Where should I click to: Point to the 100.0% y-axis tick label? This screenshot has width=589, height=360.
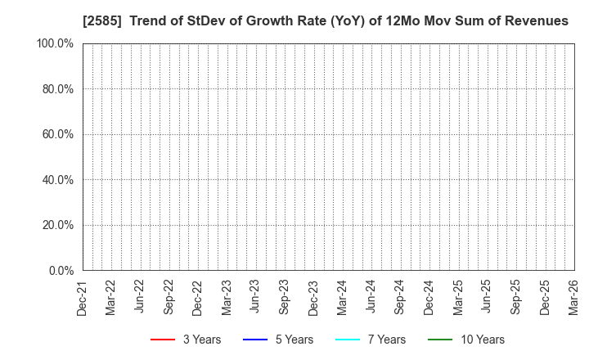55,43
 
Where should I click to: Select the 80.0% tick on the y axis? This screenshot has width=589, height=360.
57,88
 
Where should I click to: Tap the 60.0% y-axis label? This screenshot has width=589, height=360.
57,134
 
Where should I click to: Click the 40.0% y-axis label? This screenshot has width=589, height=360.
57,179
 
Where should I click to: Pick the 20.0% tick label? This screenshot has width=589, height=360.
57,225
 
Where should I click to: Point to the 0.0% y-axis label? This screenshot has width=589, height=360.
60,270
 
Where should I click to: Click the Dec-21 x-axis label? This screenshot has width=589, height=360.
82,296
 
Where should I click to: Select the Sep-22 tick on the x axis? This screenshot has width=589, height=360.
169,296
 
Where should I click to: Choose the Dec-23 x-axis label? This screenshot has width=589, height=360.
313,296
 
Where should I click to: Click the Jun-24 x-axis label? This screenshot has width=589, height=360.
371,296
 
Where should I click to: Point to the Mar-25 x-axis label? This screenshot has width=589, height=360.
457,296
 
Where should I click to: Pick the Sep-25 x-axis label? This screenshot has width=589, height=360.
515,296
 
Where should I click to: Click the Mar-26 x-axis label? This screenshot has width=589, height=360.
573,296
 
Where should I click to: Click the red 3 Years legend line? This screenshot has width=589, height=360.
163,340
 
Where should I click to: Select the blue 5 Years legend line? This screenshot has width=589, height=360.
256,340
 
